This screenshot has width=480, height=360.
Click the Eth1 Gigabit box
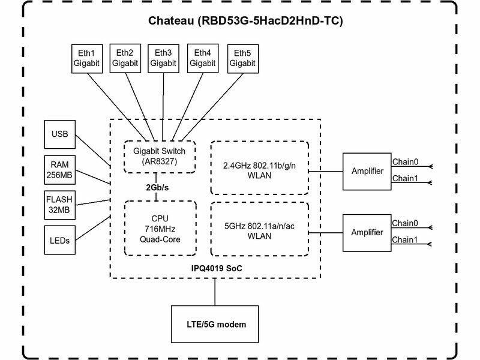(87, 58)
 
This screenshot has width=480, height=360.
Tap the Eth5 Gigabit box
(241, 58)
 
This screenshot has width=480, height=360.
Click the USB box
(61, 134)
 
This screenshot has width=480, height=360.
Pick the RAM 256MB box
(61, 170)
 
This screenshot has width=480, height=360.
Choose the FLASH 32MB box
(61, 205)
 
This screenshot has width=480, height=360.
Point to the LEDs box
(61, 241)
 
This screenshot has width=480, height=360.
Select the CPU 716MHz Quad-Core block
(160, 228)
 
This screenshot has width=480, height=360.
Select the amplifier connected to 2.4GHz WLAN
(367, 172)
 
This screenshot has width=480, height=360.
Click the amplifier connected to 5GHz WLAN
(367, 232)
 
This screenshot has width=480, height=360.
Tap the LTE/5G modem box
(215, 324)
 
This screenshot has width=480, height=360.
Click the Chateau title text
(245, 22)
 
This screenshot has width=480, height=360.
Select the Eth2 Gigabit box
(125, 58)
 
